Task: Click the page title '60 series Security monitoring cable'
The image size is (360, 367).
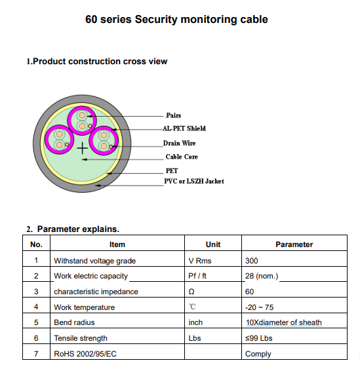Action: [176, 20]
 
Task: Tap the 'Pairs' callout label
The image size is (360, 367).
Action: [174, 115]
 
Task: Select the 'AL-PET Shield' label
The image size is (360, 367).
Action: [184, 128]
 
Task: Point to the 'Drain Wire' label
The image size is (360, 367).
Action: [179, 143]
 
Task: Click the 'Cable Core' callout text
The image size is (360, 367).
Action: [182, 157]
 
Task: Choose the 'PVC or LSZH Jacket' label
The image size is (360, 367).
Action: [194, 181]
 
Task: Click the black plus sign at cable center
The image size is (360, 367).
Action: [83, 148]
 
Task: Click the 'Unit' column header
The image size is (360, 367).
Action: [213, 244]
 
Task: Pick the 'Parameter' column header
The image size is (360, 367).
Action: [294, 244]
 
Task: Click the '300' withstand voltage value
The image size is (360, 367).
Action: [252, 261]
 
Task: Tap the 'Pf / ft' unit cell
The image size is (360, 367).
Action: [197, 276]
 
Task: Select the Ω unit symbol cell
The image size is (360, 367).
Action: [191, 292]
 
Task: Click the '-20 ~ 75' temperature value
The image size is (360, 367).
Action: [259, 307]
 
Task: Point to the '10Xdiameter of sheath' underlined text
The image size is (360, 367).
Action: [284, 322]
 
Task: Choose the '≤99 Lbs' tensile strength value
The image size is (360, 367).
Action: [259, 338]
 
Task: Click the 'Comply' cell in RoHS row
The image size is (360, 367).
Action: [258, 354]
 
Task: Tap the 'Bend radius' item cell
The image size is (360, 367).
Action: [74, 322]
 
